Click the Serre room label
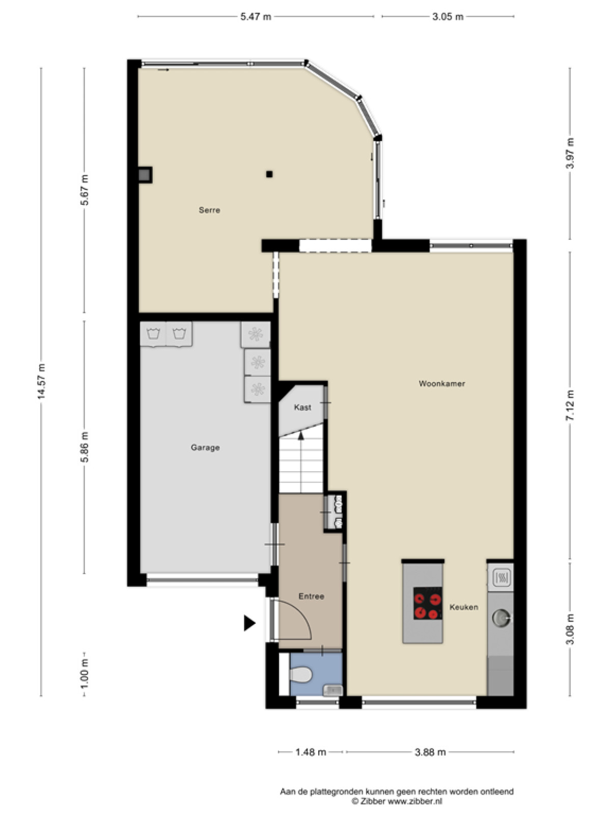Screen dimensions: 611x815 209,210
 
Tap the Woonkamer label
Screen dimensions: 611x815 441,384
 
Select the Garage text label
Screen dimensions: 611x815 205,448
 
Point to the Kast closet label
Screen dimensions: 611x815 302,407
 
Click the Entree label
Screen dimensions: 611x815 311,596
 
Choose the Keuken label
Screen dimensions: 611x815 464,607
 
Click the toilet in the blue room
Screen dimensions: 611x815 300,674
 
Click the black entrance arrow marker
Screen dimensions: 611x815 249,622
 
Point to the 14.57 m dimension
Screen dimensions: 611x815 41,382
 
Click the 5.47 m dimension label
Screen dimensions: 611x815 256,17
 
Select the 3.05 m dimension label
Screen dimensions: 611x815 448,17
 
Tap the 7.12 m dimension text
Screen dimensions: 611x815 570,405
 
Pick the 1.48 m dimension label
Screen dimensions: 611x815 311,752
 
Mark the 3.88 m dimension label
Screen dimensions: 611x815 430,752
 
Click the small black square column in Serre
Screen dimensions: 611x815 269,174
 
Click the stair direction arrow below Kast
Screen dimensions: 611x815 301,435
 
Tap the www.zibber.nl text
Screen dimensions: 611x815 415,802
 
